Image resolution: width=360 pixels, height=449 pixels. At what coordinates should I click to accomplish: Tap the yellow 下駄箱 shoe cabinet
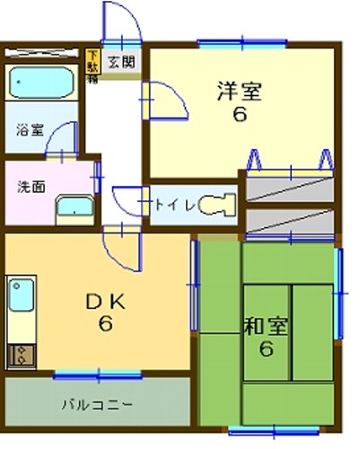point(92,66)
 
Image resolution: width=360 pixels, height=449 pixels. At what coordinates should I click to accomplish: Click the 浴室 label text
point(29,129)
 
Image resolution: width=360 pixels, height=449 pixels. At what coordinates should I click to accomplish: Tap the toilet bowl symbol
point(215,205)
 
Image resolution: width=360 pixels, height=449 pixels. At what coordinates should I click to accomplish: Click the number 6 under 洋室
point(239,116)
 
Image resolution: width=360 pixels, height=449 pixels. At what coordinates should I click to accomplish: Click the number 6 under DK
point(106,325)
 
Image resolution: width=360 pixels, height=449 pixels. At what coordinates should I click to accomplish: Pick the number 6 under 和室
point(266,349)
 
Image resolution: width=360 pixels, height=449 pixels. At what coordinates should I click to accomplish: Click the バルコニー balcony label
point(97,403)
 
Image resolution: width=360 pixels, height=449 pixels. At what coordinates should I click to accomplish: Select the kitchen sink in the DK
point(20,297)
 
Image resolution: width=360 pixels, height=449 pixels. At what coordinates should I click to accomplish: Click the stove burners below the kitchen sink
point(19,354)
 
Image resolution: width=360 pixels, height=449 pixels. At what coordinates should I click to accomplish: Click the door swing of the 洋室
point(167,99)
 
